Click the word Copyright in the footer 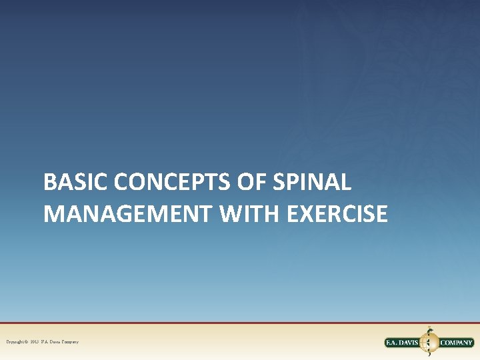pyautogui.click(x=16, y=342)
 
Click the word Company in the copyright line pyautogui.click(x=71, y=342)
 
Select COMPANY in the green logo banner pyautogui.click(x=456, y=343)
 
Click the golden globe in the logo pyautogui.click(x=429, y=343)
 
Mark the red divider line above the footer pyautogui.click(x=240, y=323)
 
